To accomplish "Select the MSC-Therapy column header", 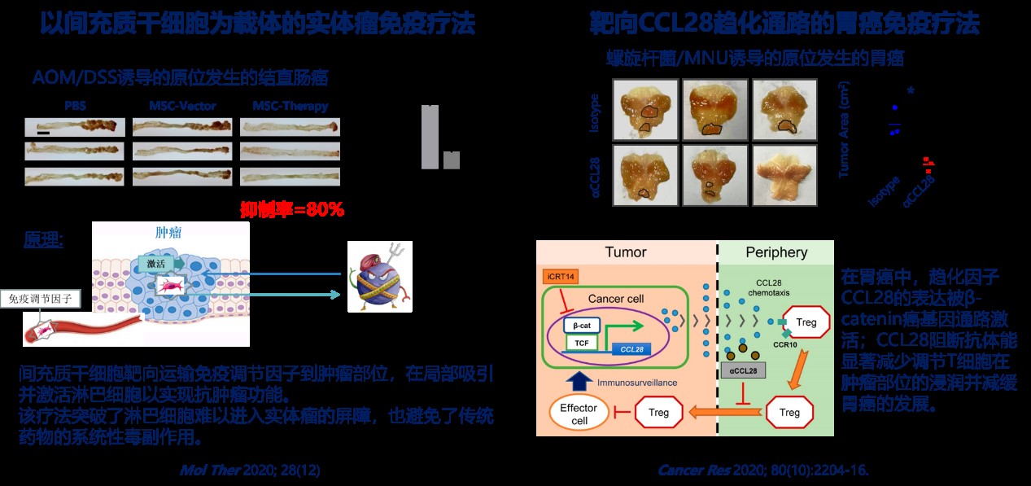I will click(290, 106).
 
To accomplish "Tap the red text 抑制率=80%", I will click(292, 209).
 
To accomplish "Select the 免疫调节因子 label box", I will click(41, 300).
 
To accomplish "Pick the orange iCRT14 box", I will click(561, 278).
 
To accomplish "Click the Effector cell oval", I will click(578, 413).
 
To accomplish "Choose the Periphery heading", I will click(776, 252).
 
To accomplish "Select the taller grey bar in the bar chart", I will click(430, 137).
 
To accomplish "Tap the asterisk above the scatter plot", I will click(910, 92).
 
